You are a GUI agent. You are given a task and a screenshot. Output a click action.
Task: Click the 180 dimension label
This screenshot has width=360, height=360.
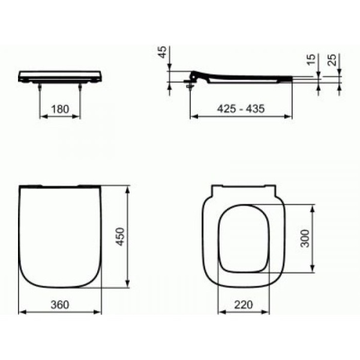pos(60,109)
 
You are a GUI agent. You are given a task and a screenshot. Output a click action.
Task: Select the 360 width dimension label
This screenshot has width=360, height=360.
pos(59,305)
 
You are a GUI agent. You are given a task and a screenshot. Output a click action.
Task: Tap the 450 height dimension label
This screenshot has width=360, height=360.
pos(120,236)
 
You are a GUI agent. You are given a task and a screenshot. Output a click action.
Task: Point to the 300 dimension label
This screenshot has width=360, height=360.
pos(305,238)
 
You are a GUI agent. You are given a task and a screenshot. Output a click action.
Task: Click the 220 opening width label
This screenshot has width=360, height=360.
pos(244,305)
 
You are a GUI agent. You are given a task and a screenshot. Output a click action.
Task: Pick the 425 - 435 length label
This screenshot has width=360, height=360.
pos(241,109)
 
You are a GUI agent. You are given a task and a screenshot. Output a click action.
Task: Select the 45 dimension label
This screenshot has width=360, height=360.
pos(163,52)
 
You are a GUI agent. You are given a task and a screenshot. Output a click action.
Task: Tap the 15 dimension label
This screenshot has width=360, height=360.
pos(311,59)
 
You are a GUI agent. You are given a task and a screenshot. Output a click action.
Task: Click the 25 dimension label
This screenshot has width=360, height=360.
pos(332,59)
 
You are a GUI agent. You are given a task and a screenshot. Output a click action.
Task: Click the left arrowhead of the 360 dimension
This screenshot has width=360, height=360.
pos(22,312)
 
